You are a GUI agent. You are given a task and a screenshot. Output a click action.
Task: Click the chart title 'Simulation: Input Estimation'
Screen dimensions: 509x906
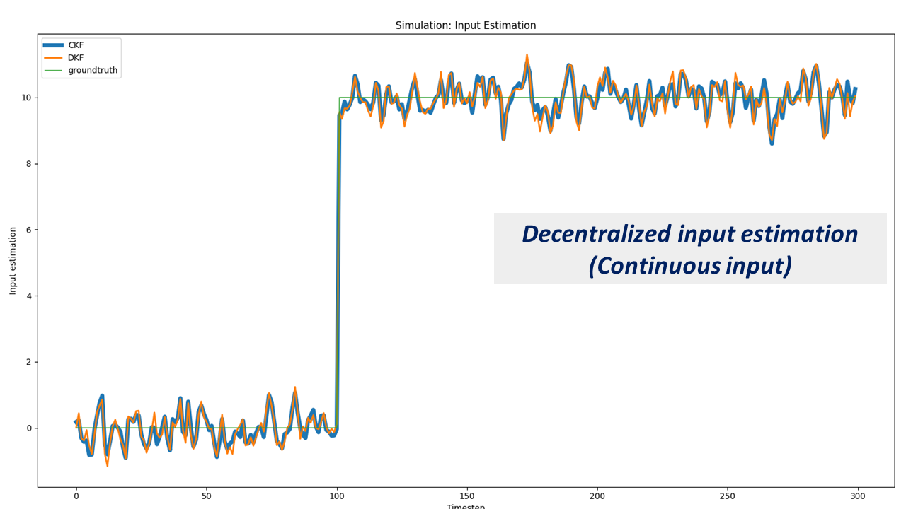coord(465,25)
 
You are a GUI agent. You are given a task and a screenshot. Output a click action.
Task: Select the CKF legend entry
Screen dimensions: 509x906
coord(76,45)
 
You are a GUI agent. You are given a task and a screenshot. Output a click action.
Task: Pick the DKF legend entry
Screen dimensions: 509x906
coord(76,58)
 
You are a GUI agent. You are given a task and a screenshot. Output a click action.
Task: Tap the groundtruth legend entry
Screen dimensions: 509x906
coord(93,71)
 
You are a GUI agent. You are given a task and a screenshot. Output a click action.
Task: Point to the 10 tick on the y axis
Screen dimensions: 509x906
coord(25,98)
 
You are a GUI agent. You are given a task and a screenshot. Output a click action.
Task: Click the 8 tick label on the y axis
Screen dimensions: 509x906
coord(28,164)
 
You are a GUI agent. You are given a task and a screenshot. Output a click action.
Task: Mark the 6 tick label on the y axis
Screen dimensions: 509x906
coord(28,230)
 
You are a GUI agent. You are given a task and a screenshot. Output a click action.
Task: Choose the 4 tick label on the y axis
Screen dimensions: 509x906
coord(28,296)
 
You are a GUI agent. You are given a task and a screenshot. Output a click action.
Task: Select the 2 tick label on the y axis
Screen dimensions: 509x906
coord(28,362)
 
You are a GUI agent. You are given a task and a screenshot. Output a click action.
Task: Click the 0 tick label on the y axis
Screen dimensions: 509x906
coord(28,428)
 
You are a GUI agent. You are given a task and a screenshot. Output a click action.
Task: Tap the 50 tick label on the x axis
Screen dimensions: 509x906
coord(206,496)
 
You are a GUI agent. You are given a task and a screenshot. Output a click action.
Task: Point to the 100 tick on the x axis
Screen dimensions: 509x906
coord(337,496)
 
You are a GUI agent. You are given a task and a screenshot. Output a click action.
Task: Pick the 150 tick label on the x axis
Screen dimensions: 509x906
coord(467,496)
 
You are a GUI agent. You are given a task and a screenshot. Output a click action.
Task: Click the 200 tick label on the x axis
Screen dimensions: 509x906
coord(597,496)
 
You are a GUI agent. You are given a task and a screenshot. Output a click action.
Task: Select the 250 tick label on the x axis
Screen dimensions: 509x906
coord(728,496)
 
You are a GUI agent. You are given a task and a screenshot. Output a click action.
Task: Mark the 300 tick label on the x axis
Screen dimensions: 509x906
coord(858,496)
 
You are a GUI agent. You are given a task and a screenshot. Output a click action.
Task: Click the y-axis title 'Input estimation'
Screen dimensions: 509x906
coord(13,261)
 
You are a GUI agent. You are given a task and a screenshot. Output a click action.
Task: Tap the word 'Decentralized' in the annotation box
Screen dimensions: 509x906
coord(595,234)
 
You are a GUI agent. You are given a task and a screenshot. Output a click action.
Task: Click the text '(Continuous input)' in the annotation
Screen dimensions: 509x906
coord(689,266)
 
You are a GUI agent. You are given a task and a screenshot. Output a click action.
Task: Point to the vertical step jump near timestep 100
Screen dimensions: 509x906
coord(338,269)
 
